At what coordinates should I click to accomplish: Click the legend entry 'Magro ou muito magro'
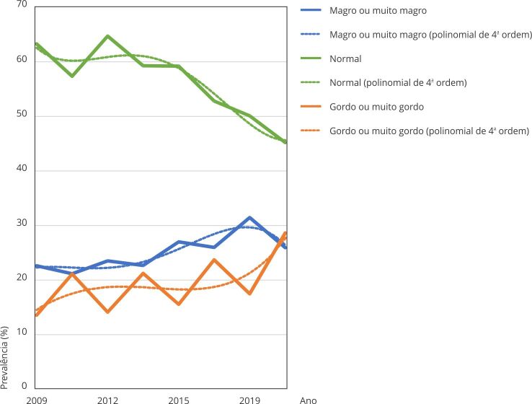click(x=378, y=11)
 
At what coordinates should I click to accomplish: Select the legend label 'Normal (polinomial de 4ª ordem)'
click(x=398, y=82)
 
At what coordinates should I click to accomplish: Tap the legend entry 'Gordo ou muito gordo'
click(x=376, y=107)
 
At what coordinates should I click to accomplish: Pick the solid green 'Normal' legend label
click(x=345, y=58)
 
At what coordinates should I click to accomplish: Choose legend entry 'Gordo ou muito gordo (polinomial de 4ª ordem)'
click(x=429, y=131)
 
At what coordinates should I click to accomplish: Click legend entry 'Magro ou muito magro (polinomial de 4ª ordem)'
click(x=430, y=35)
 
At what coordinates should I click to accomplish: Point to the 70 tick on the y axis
click(x=22, y=4)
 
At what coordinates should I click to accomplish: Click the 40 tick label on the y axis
click(x=22, y=168)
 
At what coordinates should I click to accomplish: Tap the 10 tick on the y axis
click(x=22, y=332)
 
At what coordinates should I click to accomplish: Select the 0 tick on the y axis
click(x=24, y=386)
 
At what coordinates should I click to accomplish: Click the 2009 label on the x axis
click(x=37, y=400)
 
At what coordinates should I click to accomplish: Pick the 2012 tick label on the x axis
click(x=107, y=400)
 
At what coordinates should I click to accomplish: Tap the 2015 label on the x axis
click(x=179, y=400)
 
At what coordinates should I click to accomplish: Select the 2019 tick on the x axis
click(x=249, y=400)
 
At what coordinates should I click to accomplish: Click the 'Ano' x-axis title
click(x=308, y=400)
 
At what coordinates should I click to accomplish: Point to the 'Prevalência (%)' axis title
click(x=4, y=358)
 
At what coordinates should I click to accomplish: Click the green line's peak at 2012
click(x=107, y=35)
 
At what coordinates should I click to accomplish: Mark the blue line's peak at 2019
click(x=249, y=218)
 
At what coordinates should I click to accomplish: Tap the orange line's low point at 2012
click(x=107, y=312)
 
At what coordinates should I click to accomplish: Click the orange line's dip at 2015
click(x=179, y=304)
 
